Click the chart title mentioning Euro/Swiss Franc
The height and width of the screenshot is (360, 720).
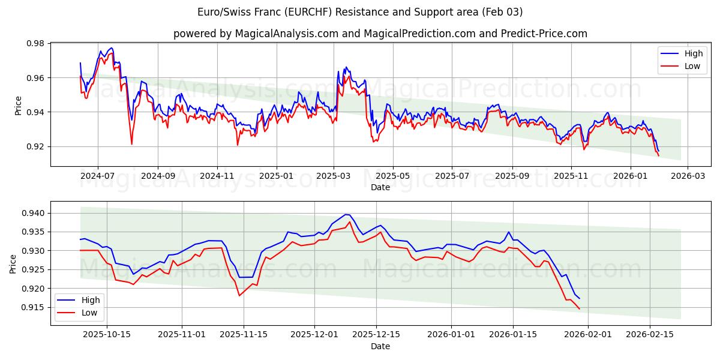click(x=360, y=12)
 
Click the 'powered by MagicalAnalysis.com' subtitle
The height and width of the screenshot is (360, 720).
click(x=380, y=34)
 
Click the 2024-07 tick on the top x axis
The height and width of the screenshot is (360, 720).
click(x=97, y=176)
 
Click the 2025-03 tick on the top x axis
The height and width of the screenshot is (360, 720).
click(x=334, y=176)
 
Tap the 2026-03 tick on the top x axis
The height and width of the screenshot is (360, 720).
click(x=687, y=176)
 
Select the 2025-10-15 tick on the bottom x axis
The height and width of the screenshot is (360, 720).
click(x=107, y=334)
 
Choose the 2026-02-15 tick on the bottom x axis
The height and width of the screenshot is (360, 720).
click(x=649, y=334)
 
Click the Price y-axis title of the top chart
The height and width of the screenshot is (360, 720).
click(x=18, y=105)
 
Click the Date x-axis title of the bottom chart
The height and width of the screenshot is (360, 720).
click(x=380, y=346)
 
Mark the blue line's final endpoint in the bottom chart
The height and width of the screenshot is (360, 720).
click(x=580, y=298)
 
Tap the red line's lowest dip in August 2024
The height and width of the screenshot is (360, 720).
click(x=132, y=144)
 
